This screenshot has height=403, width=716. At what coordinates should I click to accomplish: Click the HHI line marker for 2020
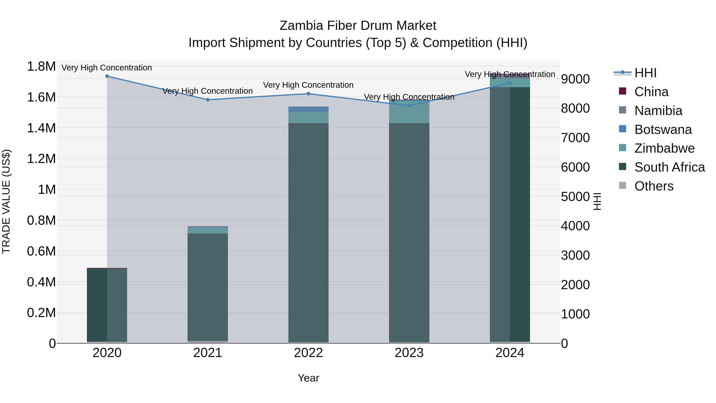107,76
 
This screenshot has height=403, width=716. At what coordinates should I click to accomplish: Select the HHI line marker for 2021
208,100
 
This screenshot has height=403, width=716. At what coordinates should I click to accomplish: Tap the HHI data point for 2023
409,106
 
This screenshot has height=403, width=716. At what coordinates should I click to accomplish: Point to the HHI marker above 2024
510,83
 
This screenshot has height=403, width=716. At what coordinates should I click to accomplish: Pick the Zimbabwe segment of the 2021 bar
208,230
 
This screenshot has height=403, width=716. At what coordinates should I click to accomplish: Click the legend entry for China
651,92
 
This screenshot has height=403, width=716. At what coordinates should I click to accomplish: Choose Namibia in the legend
658,111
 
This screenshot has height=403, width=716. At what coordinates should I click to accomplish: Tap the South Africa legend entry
669,167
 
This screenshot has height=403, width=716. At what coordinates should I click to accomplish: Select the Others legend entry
654,186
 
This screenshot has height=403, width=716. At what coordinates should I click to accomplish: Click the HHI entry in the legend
645,73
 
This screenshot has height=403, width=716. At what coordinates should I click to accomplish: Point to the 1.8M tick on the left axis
41,66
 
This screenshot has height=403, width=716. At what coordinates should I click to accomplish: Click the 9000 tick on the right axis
575,79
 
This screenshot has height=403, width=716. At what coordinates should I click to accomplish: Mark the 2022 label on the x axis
308,353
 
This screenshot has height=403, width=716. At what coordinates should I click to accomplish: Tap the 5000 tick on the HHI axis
575,197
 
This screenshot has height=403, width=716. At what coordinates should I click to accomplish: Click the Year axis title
308,378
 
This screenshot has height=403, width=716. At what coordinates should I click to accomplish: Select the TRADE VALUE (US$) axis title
6,201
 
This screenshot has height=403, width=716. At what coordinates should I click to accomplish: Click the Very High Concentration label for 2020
107,68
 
